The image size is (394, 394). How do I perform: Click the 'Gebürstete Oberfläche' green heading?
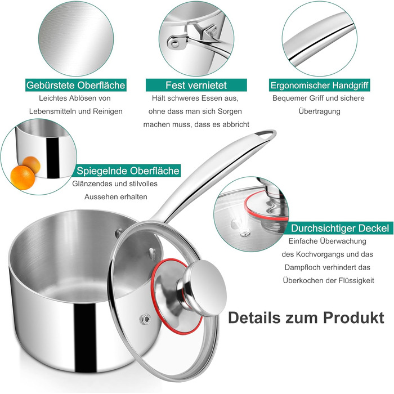tap(75, 85)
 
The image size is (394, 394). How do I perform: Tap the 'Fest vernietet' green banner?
tap(196, 85)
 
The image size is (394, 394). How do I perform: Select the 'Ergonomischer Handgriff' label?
tap(319, 85)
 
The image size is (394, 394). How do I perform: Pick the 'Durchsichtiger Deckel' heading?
tap(340, 228)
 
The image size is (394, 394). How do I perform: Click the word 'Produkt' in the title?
tap(353, 317)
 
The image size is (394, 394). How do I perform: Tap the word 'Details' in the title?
tap(254, 317)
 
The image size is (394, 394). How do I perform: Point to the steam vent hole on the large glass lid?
tap(145, 319)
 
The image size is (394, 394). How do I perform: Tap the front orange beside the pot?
tap(23, 177)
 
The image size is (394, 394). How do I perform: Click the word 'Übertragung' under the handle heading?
tap(319, 111)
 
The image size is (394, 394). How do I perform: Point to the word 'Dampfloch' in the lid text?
tap(302, 267)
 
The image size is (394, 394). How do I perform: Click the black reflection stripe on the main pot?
tap(86, 338)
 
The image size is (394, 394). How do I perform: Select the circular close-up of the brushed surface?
tap(76, 38)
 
